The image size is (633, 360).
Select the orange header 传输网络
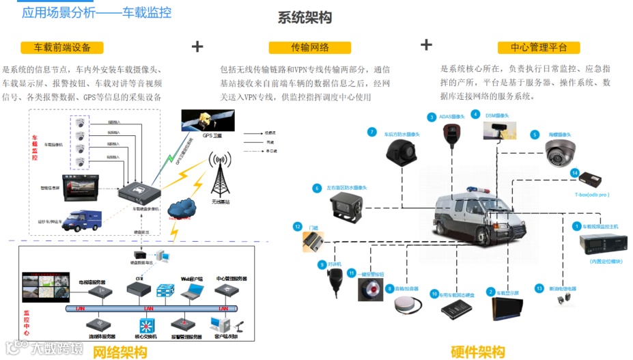tap(310, 48)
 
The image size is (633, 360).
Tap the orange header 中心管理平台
tap(539, 48)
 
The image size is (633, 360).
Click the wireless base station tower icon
tap(220, 174)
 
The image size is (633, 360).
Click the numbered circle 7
tap(371, 132)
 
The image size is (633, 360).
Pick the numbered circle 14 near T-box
tap(575, 173)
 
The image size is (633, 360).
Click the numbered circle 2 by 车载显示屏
tap(490, 292)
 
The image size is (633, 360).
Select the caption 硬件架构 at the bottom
tap(477, 351)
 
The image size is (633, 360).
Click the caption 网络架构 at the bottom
tap(120, 352)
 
